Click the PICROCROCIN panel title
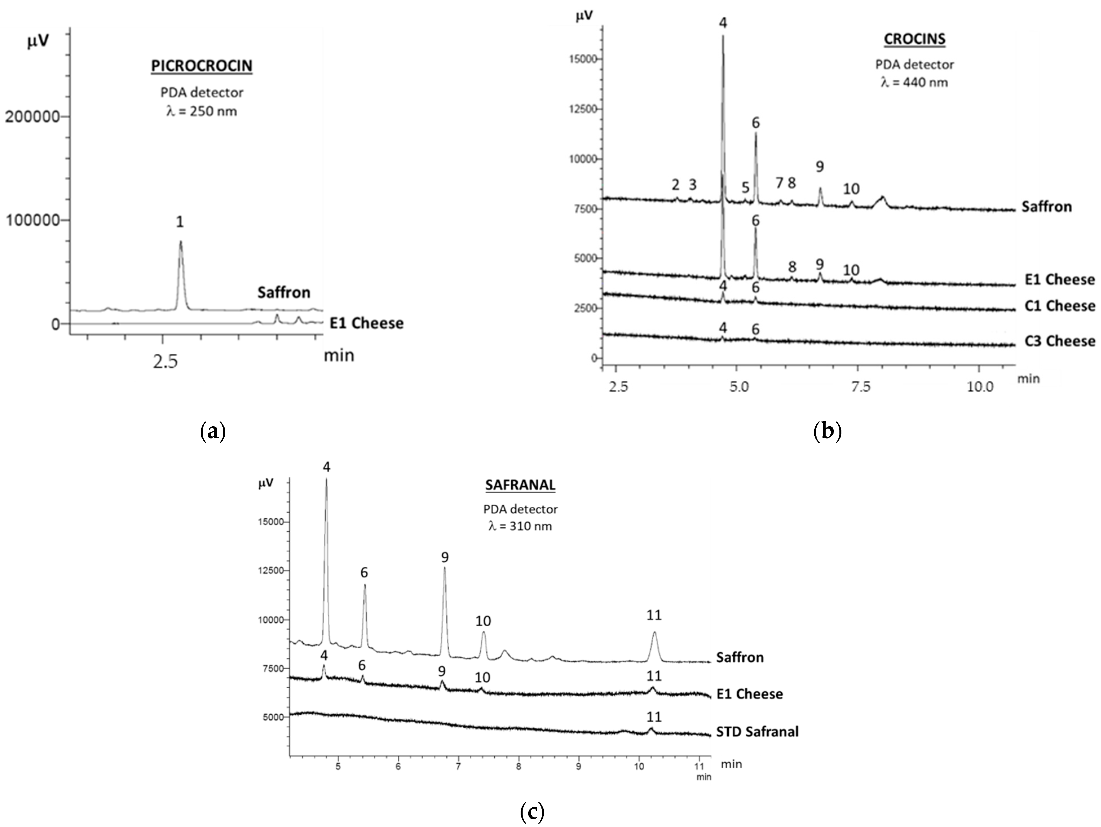coord(202,66)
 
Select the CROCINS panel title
coord(914,39)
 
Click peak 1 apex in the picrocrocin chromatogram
coord(181,242)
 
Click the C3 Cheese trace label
coord(1060,341)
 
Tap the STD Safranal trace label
coord(757,731)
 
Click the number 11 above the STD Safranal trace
coord(654,717)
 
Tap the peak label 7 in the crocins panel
coord(779,183)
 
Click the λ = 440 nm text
coord(914,82)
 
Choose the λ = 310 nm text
coord(520,526)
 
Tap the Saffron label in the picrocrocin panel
coord(284,292)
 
